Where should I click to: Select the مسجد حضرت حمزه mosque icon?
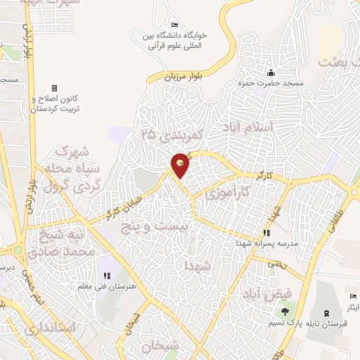[x=270, y=72]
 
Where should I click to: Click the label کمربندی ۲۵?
[x=171, y=133]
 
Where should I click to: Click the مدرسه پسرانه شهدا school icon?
[x=266, y=233]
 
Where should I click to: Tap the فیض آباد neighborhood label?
[x=268, y=292]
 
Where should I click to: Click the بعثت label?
[x=338, y=62]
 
